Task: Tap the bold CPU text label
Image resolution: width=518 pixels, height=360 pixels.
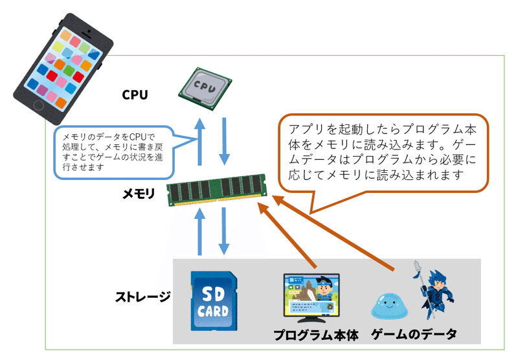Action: pyautogui.click(x=135, y=95)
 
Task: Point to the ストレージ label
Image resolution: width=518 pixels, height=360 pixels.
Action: pyautogui.click(x=142, y=297)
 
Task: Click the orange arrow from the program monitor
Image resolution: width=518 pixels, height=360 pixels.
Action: pyautogui.click(x=289, y=233)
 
